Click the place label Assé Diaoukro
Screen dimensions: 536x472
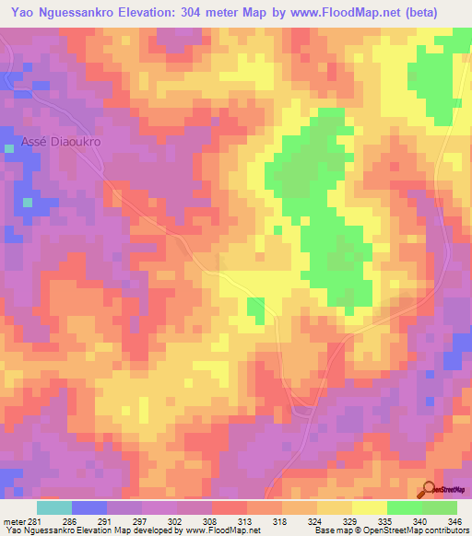click(x=60, y=144)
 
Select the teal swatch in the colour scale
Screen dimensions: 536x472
click(x=54, y=507)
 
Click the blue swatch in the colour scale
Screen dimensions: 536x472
click(x=89, y=507)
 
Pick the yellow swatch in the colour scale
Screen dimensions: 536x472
click(x=369, y=507)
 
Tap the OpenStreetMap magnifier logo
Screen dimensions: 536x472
click(x=430, y=490)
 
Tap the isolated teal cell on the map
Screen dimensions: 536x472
click(x=28, y=201)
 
